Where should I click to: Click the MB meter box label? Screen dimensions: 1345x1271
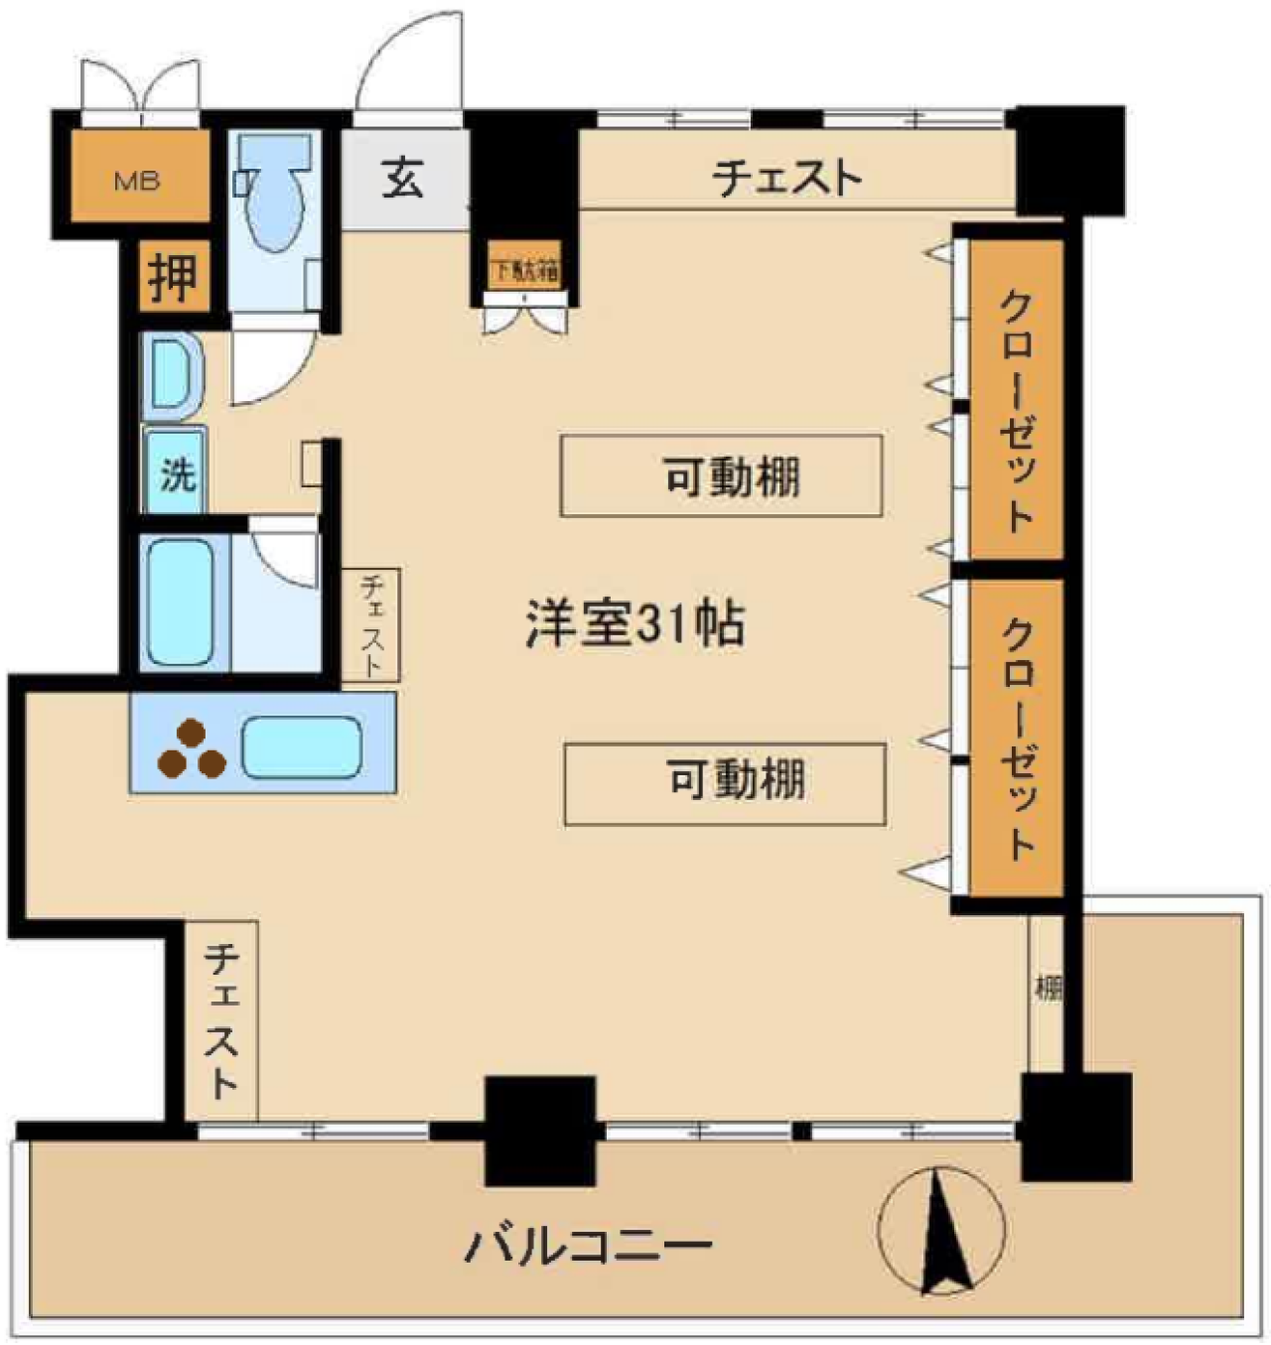(137, 181)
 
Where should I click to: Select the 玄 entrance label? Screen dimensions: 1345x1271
(403, 179)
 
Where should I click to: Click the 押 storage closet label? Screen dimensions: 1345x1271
(173, 277)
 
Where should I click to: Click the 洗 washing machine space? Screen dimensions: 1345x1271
(177, 473)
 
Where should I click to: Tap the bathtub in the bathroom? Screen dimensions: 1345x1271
(180, 603)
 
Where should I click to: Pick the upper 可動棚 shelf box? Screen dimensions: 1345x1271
(722, 476)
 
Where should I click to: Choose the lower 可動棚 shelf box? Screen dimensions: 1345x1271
(726, 782)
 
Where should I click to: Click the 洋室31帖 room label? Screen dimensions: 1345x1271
(635, 624)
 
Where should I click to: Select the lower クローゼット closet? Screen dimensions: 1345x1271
(1016, 737)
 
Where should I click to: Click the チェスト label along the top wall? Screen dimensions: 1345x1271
(787, 179)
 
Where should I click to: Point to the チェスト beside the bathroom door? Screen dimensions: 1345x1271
(371, 624)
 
